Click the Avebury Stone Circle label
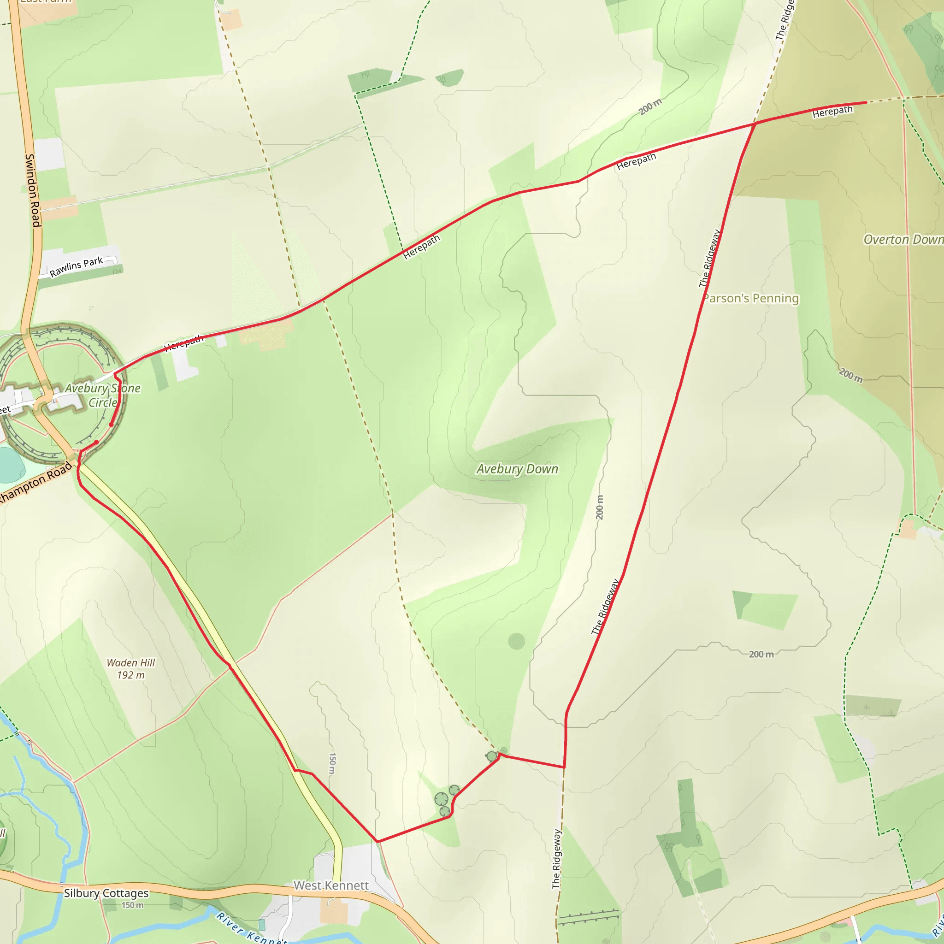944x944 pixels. click(x=103, y=395)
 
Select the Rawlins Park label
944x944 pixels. click(x=76, y=266)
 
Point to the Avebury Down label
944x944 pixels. click(x=517, y=469)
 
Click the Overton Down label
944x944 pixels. click(x=903, y=239)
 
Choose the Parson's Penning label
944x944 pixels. click(x=751, y=298)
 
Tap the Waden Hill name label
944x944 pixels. click(x=130, y=662)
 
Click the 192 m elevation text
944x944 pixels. click(x=130, y=675)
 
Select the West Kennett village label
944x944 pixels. click(x=331, y=885)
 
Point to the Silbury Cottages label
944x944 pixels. click(x=106, y=893)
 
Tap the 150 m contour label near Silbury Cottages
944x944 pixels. click(x=132, y=905)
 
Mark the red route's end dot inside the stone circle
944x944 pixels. click(x=96, y=442)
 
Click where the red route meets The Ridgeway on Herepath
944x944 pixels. click(x=755, y=124)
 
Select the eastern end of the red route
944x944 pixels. click(x=865, y=102)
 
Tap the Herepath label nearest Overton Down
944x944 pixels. click(x=832, y=112)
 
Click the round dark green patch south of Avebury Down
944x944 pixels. click(x=516, y=641)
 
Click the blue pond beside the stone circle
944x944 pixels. click(x=10, y=464)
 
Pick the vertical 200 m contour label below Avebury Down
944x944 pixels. click(x=600, y=507)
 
